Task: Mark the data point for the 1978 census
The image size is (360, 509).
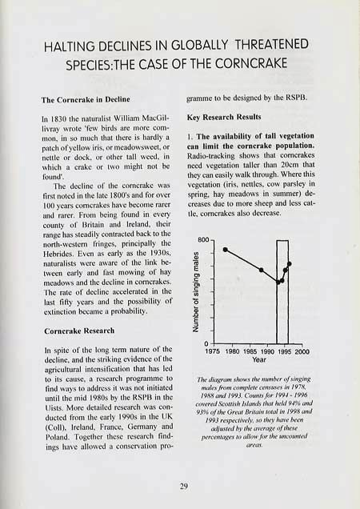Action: point(225,249)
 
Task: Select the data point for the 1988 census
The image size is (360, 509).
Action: point(262,270)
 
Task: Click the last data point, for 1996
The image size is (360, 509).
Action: point(290,263)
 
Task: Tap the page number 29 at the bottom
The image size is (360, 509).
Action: point(179,483)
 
